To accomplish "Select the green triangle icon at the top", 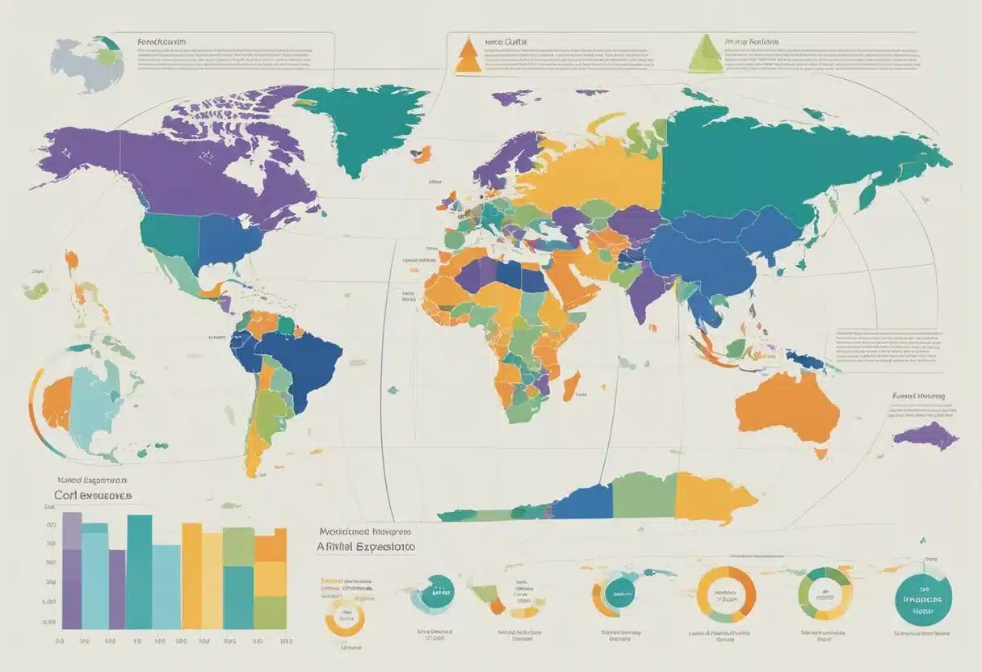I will [706, 55].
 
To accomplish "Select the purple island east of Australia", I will [926, 436].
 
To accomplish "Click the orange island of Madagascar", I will [570, 385].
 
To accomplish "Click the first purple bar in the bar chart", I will [73, 570].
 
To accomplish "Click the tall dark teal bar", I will [140, 571].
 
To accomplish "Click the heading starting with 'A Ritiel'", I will [363, 547].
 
